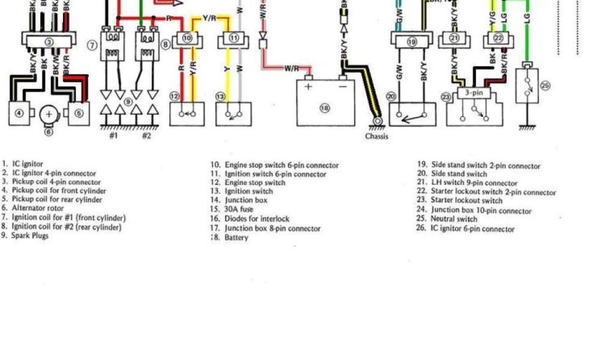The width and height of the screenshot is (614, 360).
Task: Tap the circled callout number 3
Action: [x=49, y=42]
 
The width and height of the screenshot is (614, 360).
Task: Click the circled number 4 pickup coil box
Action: [x=19, y=113]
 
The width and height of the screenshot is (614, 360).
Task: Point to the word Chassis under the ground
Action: [x=377, y=136]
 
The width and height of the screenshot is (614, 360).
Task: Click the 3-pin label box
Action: [x=472, y=93]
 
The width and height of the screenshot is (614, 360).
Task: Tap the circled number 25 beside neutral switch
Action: [x=545, y=86]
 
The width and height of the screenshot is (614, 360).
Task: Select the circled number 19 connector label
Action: [x=411, y=42]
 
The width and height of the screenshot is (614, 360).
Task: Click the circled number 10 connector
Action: [x=186, y=38]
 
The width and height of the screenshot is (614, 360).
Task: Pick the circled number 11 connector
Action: [x=234, y=38]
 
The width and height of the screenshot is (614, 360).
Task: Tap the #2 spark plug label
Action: [x=146, y=136]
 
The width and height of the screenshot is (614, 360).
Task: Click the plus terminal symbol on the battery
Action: [x=309, y=86]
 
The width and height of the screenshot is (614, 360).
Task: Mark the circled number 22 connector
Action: [x=498, y=38]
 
